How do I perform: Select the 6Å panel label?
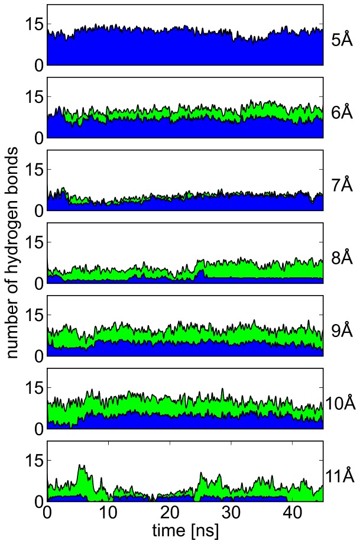(342, 112)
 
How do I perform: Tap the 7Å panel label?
(342, 185)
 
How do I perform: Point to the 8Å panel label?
(342, 258)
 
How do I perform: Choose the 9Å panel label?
(342, 331)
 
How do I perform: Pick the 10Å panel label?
(340, 404)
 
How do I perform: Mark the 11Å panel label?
(340, 477)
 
